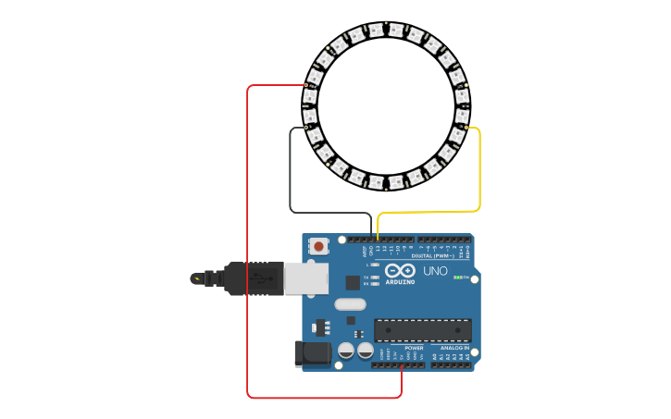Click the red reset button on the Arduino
(x=318, y=246)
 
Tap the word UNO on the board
(x=435, y=272)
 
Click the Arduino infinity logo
(x=400, y=271)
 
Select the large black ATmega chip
(x=422, y=330)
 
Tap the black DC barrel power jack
(x=312, y=352)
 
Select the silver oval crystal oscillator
(x=350, y=304)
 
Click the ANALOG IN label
(x=453, y=348)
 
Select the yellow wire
(x=479, y=176)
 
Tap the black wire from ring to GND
(x=291, y=176)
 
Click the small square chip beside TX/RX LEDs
(x=353, y=283)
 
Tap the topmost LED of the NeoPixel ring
(x=376, y=30)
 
